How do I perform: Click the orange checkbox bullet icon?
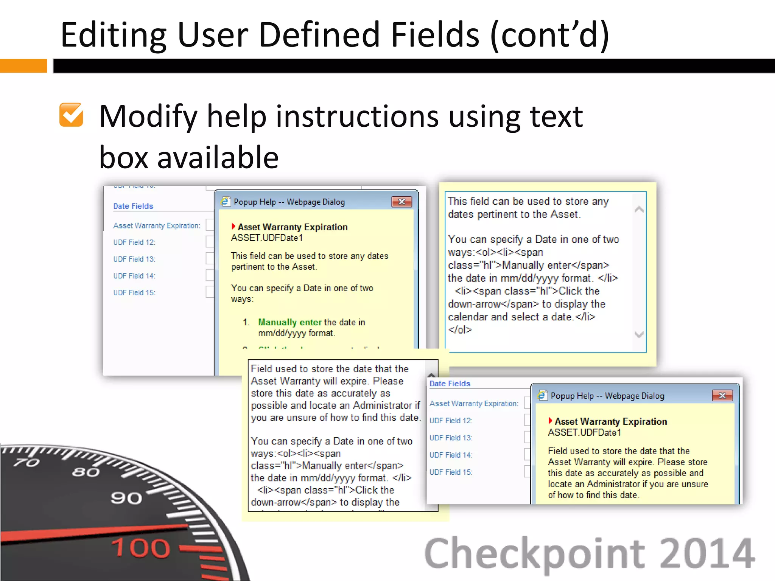71,115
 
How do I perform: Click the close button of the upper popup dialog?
402,202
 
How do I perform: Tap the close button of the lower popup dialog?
722,396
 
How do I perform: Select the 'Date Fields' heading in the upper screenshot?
133,206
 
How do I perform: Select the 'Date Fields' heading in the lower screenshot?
450,384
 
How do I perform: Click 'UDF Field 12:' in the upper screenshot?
134,242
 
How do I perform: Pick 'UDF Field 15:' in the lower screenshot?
451,472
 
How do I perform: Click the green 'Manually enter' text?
289,322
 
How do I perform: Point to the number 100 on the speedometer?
141,548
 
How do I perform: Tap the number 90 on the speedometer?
126,498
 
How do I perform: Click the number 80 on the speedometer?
86,472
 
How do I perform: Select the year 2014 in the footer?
707,554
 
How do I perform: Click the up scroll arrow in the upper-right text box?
639,210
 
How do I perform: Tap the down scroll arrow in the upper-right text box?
639,334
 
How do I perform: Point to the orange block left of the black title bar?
23,66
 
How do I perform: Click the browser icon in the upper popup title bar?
226,202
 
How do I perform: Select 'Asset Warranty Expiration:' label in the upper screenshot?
157,226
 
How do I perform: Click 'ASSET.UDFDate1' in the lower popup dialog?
584,433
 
